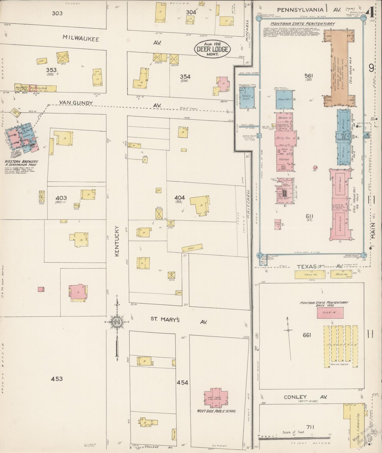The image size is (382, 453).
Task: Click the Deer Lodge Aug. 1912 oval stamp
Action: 212,49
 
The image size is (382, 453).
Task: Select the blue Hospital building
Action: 284,100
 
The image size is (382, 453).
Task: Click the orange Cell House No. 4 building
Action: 339,68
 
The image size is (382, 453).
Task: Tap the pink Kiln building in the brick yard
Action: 330,313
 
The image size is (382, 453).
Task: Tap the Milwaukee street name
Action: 81,39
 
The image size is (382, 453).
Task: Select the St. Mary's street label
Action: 165,320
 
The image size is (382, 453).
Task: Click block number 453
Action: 57,379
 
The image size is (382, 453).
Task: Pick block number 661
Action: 307,335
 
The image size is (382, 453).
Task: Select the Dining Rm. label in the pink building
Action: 284,138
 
